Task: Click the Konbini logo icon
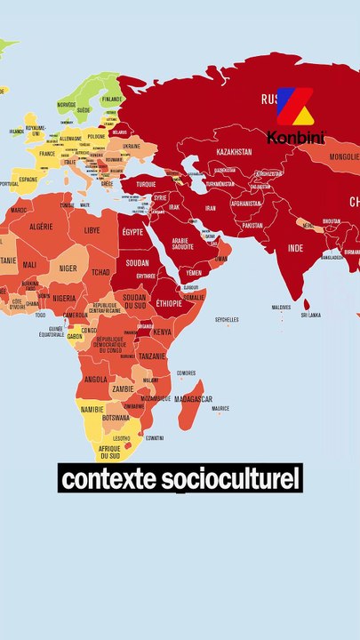(295, 108)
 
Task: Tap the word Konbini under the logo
(296, 138)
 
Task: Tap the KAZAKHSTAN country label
(234, 152)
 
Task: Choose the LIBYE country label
(92, 230)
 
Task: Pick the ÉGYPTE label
(132, 232)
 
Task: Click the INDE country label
(295, 247)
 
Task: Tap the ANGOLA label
(95, 379)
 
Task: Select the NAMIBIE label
(92, 410)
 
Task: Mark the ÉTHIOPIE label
(168, 303)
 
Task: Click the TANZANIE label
(152, 356)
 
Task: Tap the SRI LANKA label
(311, 314)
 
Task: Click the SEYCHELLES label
(227, 320)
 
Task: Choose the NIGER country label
(68, 268)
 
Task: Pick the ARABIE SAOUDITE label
(181, 243)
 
